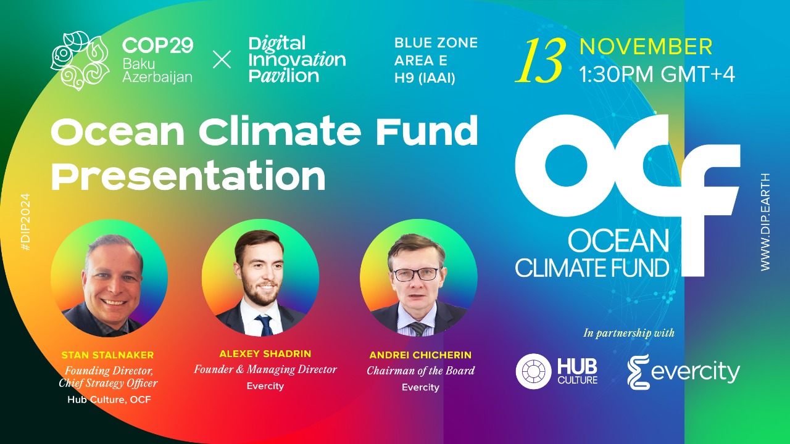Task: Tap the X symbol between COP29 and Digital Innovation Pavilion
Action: [x=222, y=60]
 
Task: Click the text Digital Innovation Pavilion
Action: [x=296, y=60]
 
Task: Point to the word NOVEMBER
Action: [x=646, y=47]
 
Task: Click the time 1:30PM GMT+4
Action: [x=657, y=74]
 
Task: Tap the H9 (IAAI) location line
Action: [x=425, y=78]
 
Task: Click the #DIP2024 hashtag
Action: [x=25, y=221]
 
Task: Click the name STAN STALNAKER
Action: [x=108, y=355]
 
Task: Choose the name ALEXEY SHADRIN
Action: [x=265, y=354]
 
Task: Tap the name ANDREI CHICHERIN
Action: [x=420, y=355]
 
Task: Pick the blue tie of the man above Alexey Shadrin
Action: [x=265, y=324]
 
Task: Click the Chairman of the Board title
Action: [x=420, y=371]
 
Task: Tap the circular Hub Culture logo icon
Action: [x=533, y=372]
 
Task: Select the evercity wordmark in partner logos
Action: [x=695, y=372]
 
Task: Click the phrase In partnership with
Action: [x=629, y=333]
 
